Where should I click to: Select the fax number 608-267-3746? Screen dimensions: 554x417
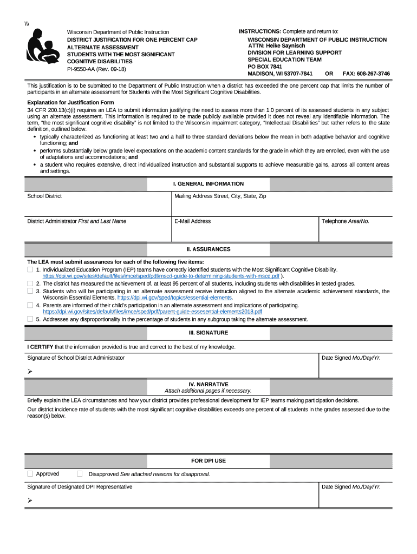tap(370, 74)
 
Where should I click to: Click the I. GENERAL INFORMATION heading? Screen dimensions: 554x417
tap(208, 184)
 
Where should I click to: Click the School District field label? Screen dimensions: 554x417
tap(44, 196)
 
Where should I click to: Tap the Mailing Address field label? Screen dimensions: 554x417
tap(220, 196)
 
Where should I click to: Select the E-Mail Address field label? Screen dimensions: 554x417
tap(193, 221)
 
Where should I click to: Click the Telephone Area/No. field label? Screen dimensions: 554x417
tap(346, 221)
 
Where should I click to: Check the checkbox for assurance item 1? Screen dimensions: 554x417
tap(30, 269)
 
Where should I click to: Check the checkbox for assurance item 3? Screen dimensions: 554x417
tap(30, 291)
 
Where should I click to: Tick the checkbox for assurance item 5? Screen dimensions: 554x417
tap(30, 319)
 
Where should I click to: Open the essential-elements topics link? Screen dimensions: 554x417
tap(174, 298)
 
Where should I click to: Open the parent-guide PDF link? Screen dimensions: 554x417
tap(152, 312)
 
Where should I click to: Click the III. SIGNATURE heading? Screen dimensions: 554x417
tap(208, 333)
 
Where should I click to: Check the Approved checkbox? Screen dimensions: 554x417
tap(30, 474)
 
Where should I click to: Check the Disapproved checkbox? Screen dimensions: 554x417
tap(80, 474)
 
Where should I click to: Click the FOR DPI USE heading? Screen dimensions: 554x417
tap(208, 461)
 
